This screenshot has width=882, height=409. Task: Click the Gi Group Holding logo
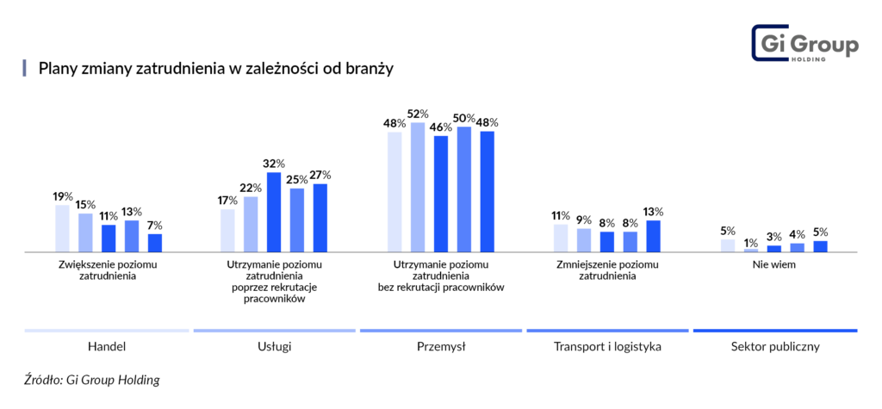click(x=804, y=43)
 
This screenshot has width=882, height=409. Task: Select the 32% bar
click(x=274, y=212)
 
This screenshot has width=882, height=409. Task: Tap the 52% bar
click(x=418, y=187)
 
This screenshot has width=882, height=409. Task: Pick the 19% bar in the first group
click(x=62, y=228)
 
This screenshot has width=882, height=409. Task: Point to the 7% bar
click(x=155, y=243)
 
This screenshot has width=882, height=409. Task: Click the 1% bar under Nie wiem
click(x=751, y=250)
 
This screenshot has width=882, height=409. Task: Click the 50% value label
click(x=464, y=118)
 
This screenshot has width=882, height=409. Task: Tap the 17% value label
click(x=227, y=201)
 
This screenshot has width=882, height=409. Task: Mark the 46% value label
click(x=441, y=127)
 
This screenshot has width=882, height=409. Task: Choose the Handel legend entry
click(x=107, y=347)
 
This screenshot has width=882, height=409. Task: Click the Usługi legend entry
click(x=274, y=347)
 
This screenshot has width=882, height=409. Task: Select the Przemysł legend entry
click(x=441, y=347)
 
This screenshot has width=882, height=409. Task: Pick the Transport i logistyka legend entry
click(x=607, y=347)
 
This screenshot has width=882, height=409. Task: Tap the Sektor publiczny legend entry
click(x=774, y=347)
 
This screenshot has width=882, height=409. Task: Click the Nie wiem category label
click(x=774, y=264)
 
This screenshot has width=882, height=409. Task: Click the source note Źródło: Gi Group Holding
click(x=92, y=380)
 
